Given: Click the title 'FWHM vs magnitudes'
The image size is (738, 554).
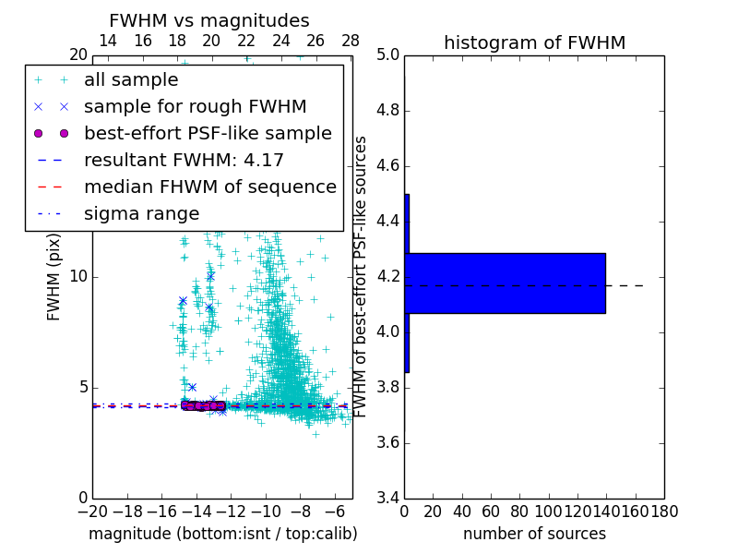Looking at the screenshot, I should [208, 20].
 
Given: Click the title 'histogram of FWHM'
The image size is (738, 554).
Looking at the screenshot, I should [534, 42].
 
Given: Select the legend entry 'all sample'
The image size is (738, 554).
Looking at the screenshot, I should [131, 80].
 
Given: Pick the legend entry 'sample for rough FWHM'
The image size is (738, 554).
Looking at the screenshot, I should [195, 106].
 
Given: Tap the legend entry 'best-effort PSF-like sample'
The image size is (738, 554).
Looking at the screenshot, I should [208, 133].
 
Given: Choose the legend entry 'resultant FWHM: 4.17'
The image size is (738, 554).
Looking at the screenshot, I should [184, 160].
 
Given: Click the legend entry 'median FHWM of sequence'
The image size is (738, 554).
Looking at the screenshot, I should [209, 187].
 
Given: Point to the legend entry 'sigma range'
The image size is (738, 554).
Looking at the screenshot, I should [141, 213].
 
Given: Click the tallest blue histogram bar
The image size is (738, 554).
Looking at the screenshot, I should [505, 283].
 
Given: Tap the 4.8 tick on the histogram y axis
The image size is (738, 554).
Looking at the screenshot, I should [387, 111].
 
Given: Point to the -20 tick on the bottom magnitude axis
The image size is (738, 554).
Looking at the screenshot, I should [92, 512].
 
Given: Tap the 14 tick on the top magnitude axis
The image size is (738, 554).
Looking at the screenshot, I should [107, 41].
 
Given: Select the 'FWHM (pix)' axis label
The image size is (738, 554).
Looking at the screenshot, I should [54, 276].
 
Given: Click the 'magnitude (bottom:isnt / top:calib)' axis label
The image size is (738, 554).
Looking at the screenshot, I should [222, 534].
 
